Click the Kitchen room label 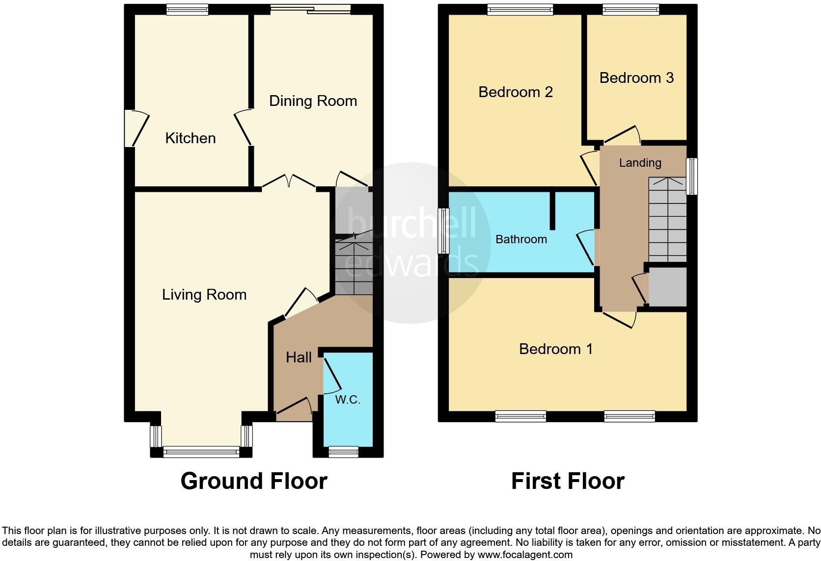[190, 138]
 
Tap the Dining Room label [313, 101]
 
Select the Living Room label [204, 295]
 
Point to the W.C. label [348, 400]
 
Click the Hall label [299, 357]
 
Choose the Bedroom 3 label [636, 78]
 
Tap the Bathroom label [521, 239]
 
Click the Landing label [640, 163]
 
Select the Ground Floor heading [254, 481]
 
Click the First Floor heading [568, 481]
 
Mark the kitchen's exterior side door [137, 128]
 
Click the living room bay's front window [201, 452]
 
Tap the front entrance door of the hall [294, 409]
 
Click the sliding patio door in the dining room [310, 9]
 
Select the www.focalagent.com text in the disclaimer [525, 555]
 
